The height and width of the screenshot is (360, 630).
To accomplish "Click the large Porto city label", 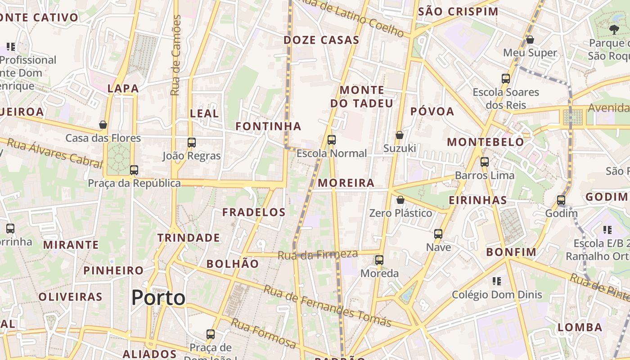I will pyautogui.click(x=158, y=298).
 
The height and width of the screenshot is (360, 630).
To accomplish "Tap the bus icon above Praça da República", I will pyautogui.click(x=134, y=170).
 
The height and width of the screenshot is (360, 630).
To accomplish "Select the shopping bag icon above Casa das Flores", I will pyautogui.click(x=103, y=125).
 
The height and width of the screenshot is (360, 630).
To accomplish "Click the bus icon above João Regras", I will pyautogui.click(x=192, y=143).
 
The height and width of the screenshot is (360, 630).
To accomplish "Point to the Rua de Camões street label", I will pyautogui.click(x=176, y=55).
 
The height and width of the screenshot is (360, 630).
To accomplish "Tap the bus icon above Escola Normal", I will pyautogui.click(x=332, y=140).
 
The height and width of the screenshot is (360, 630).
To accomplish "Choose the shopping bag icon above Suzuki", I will pyautogui.click(x=399, y=135).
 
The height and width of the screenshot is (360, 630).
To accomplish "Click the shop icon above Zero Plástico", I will pyautogui.click(x=400, y=200).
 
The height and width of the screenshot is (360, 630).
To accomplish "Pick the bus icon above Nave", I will pyautogui.click(x=438, y=234).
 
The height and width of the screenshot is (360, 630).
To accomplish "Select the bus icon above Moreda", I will pyautogui.click(x=379, y=260).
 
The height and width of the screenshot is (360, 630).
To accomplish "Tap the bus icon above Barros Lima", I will pyautogui.click(x=485, y=162).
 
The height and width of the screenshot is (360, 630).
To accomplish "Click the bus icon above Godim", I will pyautogui.click(x=561, y=200).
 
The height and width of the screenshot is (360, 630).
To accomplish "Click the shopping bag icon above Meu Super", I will pyautogui.click(x=530, y=40).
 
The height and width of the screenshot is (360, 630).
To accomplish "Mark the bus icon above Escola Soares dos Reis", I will pyautogui.click(x=506, y=79).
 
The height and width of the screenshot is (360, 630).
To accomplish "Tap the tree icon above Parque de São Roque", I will pyautogui.click(x=614, y=30).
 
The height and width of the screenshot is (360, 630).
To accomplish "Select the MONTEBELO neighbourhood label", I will pyautogui.click(x=485, y=142).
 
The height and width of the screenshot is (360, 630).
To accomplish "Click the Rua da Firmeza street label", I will pyautogui.click(x=317, y=255).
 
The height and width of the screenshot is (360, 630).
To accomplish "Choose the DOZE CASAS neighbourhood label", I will pyautogui.click(x=321, y=40).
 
